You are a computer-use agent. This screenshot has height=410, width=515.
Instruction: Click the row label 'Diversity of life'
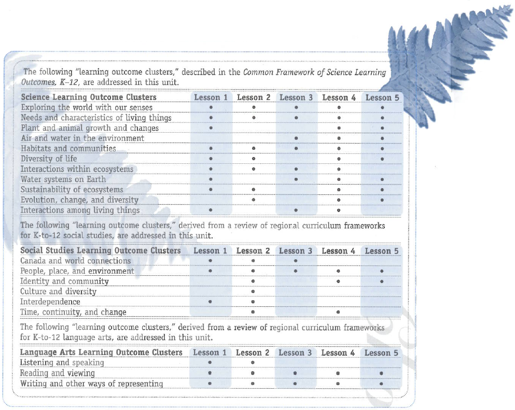(49, 159)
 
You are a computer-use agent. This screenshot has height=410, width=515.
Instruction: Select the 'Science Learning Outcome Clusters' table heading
(88, 97)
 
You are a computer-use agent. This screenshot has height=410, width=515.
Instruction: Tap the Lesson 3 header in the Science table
(296, 97)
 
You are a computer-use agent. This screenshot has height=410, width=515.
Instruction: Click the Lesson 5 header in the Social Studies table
(382, 251)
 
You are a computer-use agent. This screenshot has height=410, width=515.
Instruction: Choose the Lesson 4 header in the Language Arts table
(338, 352)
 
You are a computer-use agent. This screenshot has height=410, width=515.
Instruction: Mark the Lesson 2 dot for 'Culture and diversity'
(253, 291)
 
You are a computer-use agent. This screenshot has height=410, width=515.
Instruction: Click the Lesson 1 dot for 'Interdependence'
(210, 302)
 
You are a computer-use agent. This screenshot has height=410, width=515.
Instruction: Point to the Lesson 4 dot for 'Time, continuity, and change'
(338, 312)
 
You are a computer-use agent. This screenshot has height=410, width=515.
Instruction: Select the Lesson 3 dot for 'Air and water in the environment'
(296, 138)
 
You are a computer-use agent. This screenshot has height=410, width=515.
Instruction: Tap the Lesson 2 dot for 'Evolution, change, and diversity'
(253, 200)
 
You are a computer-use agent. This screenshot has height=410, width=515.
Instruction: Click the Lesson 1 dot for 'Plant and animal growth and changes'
(211, 128)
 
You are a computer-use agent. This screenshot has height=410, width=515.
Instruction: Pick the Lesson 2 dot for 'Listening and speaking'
(253, 363)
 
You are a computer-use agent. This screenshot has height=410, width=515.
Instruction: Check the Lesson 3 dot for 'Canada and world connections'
(296, 261)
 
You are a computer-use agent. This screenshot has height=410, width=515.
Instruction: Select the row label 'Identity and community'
(64, 281)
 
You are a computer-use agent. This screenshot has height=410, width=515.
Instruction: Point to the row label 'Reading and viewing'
(57, 373)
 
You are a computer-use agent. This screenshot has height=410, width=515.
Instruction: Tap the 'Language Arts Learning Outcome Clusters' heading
(101, 352)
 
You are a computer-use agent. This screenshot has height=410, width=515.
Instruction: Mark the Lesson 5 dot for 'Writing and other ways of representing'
(381, 384)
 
